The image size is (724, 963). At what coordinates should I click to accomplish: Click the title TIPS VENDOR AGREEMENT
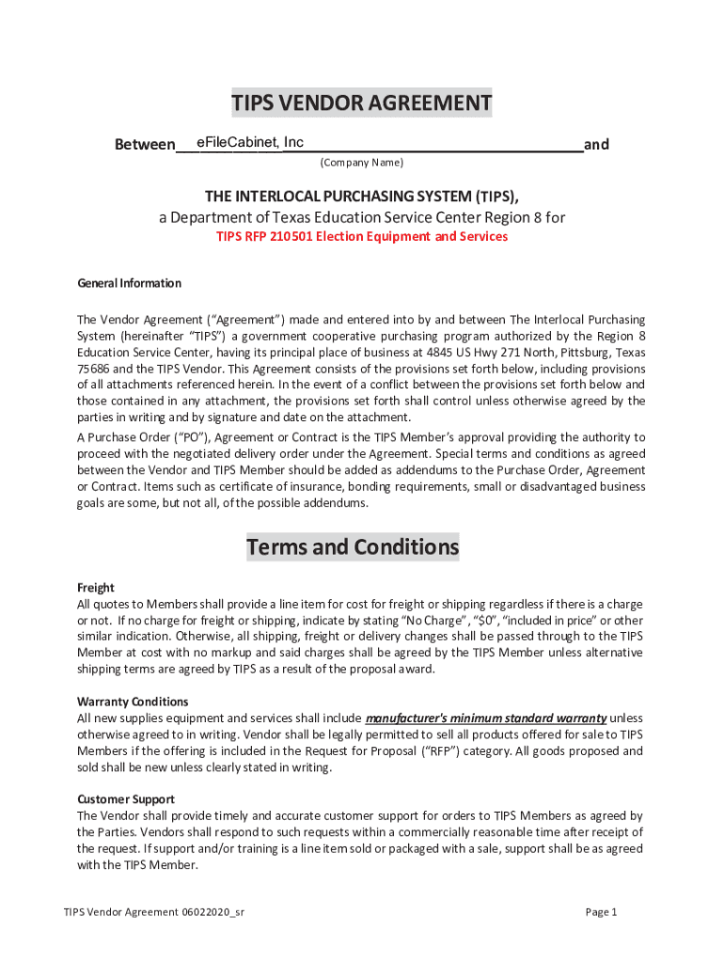coord(362,103)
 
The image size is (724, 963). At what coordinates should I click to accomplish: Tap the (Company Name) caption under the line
coord(362,163)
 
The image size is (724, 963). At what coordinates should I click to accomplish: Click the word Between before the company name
coord(144,145)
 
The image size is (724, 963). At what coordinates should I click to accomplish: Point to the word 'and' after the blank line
coord(596,145)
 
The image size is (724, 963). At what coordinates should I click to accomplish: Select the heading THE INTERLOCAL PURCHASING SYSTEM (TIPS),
coord(362,196)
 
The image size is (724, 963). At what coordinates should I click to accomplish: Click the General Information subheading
coord(129,283)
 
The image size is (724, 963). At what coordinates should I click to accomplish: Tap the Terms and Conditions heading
coord(353,547)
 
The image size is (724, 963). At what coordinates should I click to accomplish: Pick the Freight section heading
coord(95,588)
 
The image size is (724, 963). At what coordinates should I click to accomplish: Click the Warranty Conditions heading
coord(133,702)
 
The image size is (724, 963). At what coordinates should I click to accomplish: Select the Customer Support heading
coord(125,799)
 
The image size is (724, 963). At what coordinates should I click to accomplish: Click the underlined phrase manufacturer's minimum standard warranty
coord(485,718)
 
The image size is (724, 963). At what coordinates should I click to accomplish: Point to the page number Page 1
coord(601,912)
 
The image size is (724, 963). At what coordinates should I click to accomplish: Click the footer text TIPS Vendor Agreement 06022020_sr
coord(155,912)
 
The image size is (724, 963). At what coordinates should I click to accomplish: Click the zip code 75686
coord(94,369)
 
